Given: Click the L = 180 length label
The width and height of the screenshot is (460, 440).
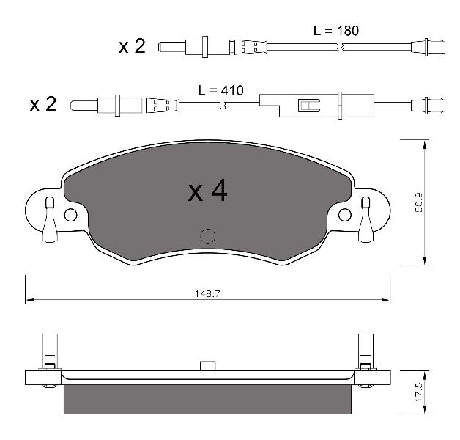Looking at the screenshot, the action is (336, 31).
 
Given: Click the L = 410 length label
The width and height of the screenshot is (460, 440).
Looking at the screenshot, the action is (221, 90).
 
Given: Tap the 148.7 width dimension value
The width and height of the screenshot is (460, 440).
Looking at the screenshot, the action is (207, 293).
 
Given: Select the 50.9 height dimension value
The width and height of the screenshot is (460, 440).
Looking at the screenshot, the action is (419, 202).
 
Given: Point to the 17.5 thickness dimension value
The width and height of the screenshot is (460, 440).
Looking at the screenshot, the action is (419, 392).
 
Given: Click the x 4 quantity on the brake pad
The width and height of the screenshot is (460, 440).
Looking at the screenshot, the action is (207, 191).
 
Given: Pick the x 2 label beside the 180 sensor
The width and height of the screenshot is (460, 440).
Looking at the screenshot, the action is (132, 46).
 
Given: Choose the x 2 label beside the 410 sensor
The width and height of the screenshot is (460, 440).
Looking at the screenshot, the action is (42, 104).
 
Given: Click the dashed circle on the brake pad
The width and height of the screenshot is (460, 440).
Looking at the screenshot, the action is (207, 236).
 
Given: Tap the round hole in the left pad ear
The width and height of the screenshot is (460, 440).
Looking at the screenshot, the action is (70, 215).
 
